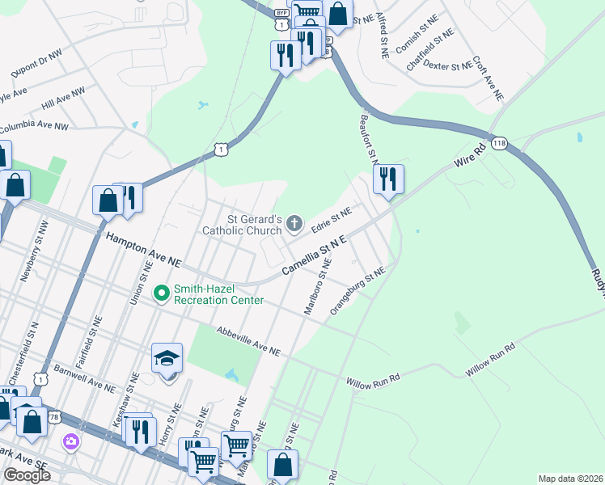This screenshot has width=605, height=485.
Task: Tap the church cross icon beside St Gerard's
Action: coord(295,223)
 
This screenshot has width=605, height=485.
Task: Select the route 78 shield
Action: coord(54,416)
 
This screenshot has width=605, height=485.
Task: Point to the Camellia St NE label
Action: coord(314,255)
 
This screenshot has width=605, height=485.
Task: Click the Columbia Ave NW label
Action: coord(34,128)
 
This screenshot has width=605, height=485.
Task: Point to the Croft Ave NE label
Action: coord(488,78)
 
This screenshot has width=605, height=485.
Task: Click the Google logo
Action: coord(27,475)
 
